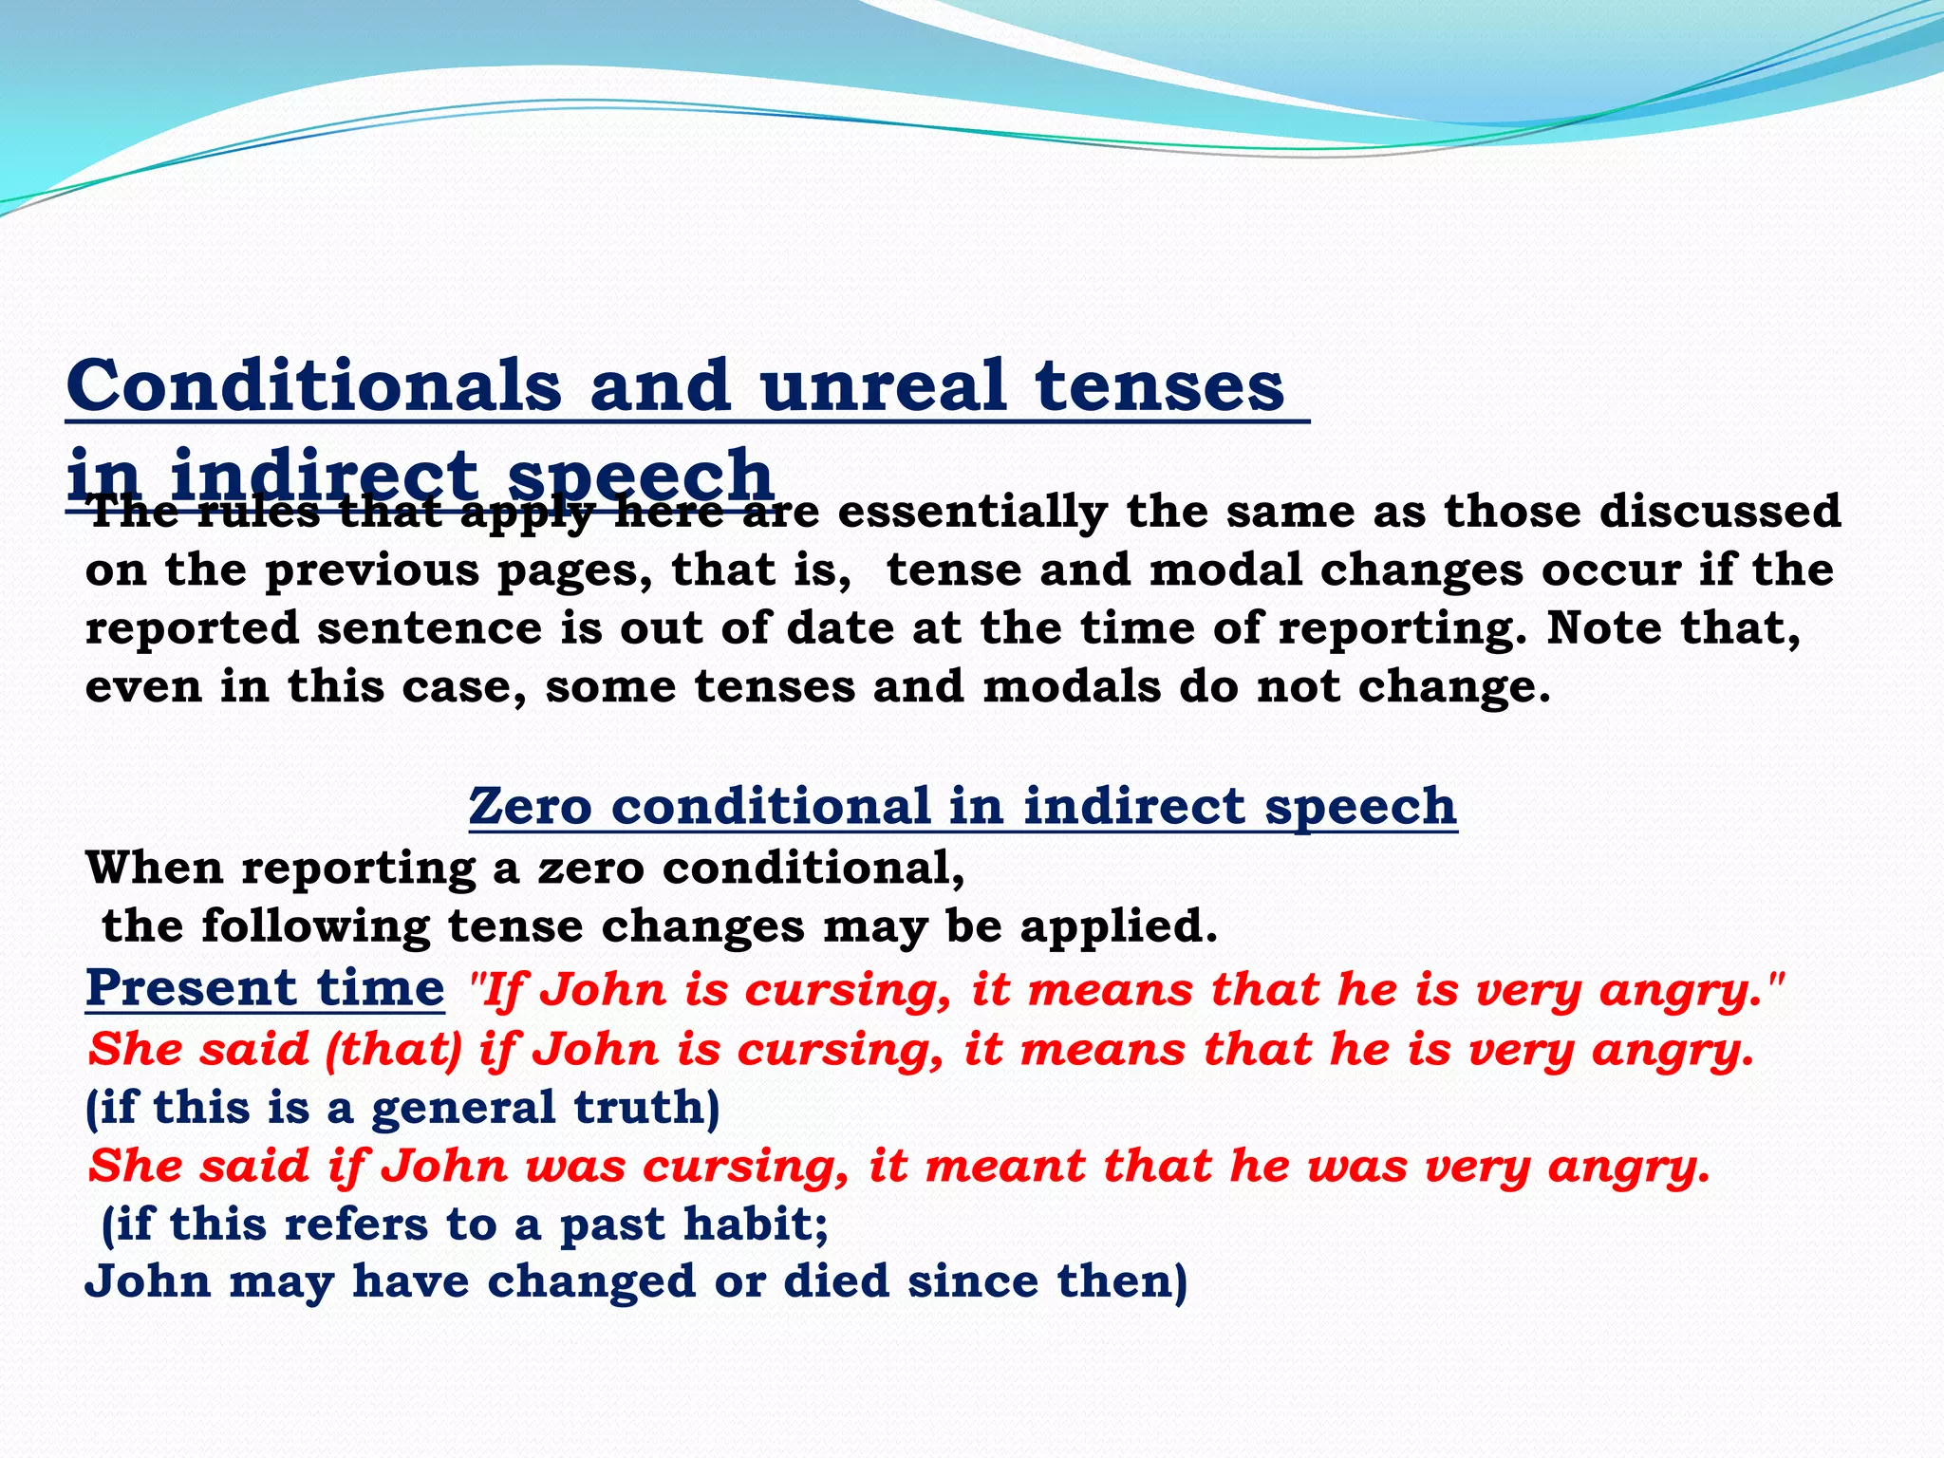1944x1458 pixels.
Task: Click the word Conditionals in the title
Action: coord(313,386)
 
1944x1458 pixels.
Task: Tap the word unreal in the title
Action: coord(883,386)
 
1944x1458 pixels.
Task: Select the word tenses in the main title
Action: coord(1159,386)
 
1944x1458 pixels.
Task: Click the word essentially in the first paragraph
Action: coord(972,512)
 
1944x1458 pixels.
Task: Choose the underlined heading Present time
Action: coord(265,987)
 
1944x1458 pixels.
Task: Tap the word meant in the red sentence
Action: coord(1005,1167)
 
